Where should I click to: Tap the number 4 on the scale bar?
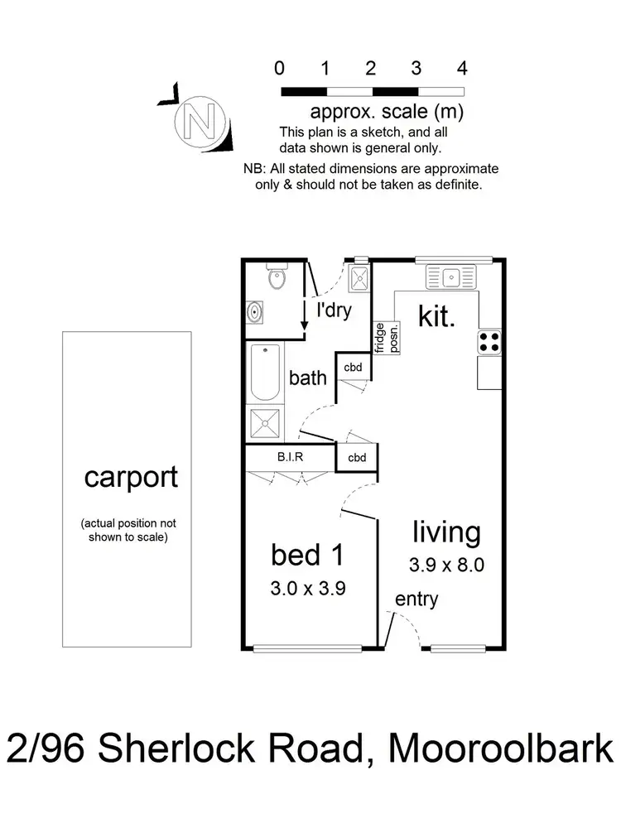(x=462, y=68)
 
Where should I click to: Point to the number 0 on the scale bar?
(x=281, y=68)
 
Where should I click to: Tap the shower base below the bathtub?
(x=266, y=425)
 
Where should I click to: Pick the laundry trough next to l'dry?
(x=360, y=277)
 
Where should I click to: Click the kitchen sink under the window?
(x=451, y=277)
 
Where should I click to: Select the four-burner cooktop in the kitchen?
(x=489, y=342)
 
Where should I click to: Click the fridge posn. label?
(x=387, y=338)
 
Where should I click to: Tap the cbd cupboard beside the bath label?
(x=354, y=368)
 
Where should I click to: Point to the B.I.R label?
(x=290, y=456)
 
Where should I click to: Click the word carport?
(x=131, y=478)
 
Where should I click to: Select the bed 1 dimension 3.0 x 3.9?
(x=309, y=589)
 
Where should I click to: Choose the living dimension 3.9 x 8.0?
(x=446, y=566)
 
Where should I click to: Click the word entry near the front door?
(x=416, y=599)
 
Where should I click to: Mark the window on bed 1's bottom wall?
(x=308, y=647)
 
